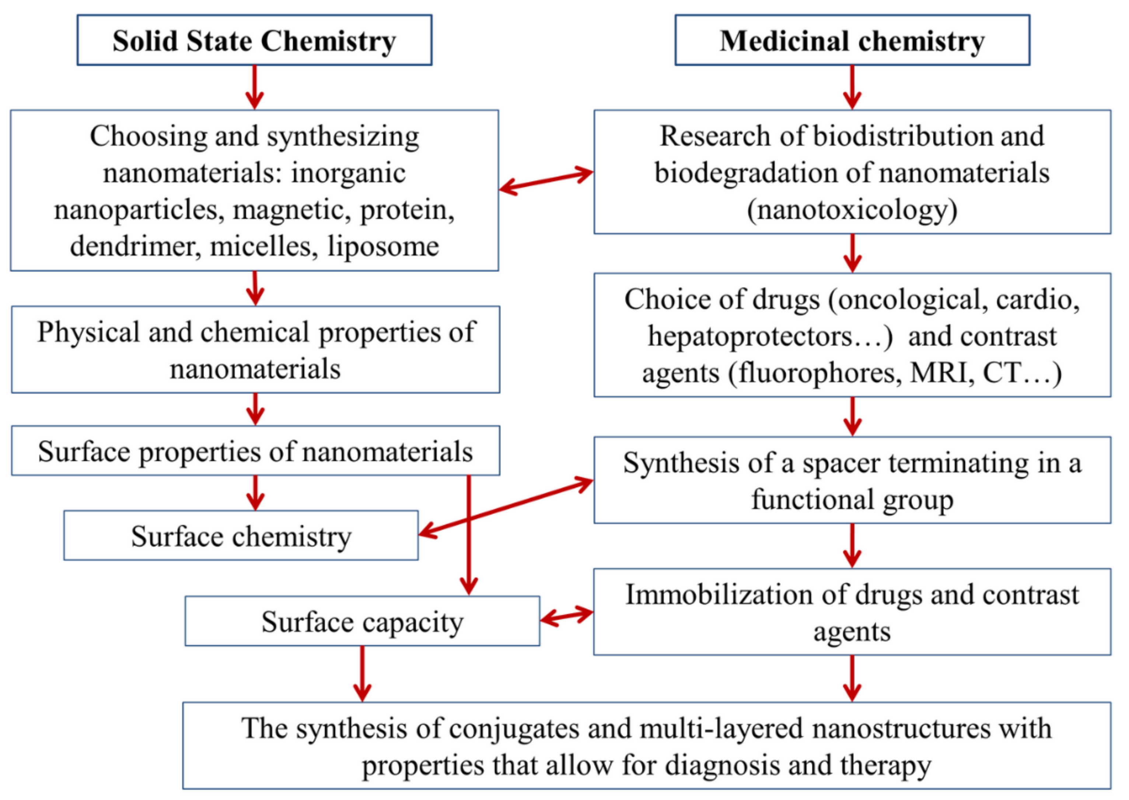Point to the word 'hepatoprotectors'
click(x=749, y=336)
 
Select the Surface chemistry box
click(x=241, y=536)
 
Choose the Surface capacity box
click(x=362, y=622)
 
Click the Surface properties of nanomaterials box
click(x=255, y=451)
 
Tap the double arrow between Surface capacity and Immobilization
click(x=567, y=616)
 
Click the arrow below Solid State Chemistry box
click(x=254, y=88)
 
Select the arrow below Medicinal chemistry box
click(x=852, y=88)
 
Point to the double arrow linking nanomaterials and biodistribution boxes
click(x=546, y=181)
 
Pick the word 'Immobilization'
click(x=719, y=595)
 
